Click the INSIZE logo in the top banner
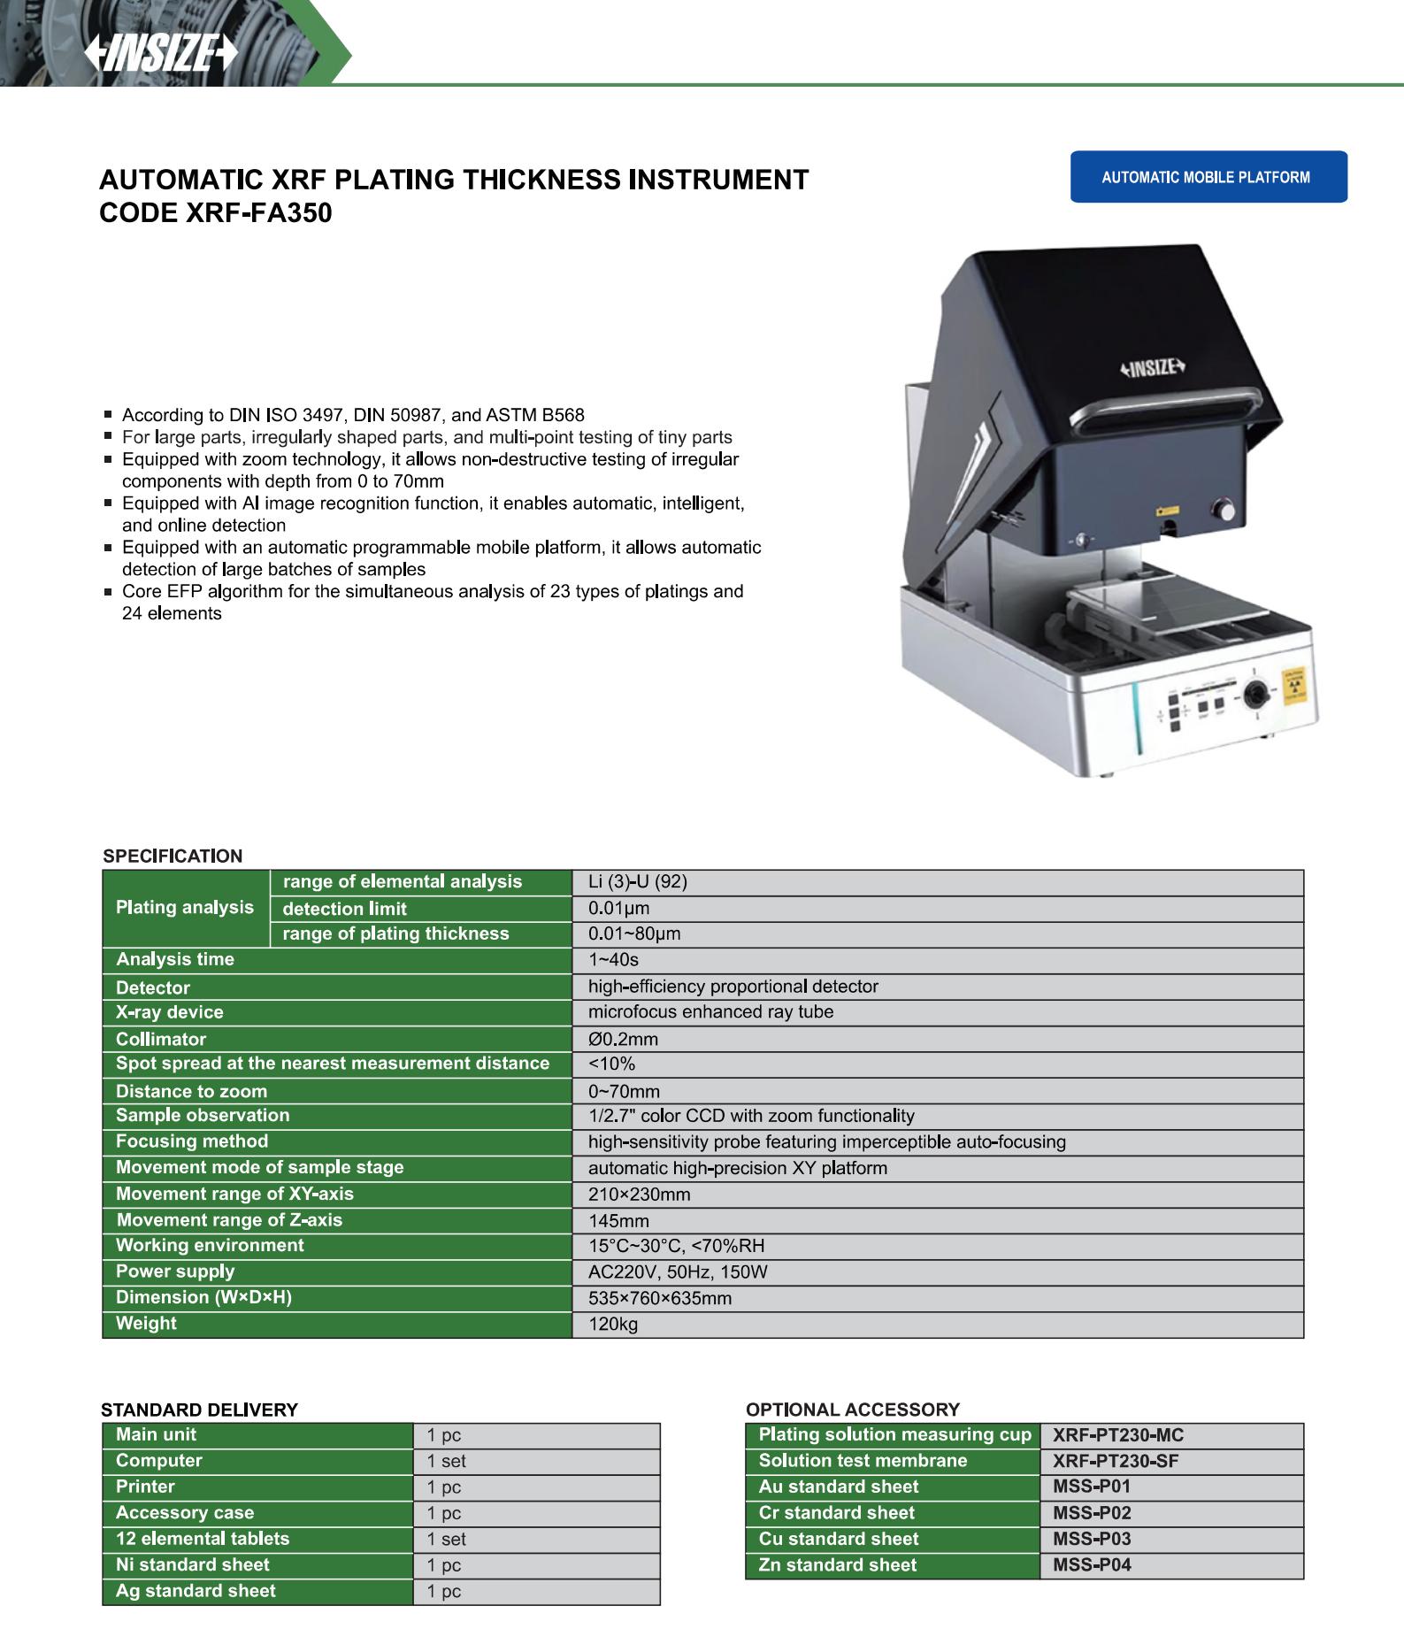pos(161,56)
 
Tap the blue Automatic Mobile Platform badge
pos(1208,177)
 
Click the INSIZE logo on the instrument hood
pos(1152,368)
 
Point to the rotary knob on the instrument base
pos(1253,695)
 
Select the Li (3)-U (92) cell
pos(638,882)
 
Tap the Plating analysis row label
pos(185,908)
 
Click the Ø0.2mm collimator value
pos(624,1040)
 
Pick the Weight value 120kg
pos(613,1325)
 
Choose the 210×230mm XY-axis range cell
pos(640,1195)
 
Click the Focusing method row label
pos(192,1141)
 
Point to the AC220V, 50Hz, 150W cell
pos(678,1272)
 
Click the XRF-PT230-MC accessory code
pos(1118,1435)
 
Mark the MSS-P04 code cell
pos(1093,1564)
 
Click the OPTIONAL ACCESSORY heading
pos(853,1410)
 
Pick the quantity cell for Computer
pos(446,1462)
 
